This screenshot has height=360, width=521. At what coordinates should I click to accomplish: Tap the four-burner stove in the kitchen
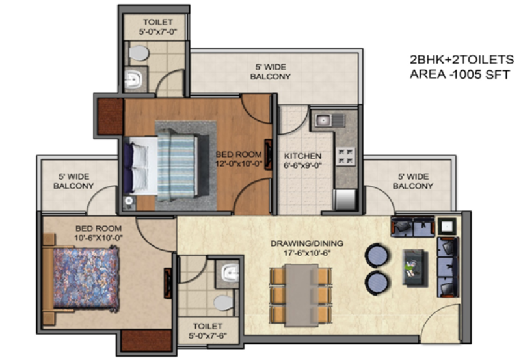point(345,157)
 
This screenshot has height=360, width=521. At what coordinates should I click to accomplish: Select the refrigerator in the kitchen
point(345,199)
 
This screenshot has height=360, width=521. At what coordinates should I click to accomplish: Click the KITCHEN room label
point(302,156)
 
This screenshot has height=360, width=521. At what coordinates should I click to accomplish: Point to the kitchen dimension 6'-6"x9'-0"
point(302,165)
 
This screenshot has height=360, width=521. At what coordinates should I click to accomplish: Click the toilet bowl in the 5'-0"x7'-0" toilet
point(139,53)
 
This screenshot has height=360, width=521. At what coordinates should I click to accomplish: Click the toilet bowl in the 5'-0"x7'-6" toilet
point(223,303)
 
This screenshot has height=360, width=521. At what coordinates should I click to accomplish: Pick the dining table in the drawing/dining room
point(301,295)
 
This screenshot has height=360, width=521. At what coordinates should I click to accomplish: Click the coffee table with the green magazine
point(414,268)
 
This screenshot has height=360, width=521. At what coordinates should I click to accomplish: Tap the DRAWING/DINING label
point(307,243)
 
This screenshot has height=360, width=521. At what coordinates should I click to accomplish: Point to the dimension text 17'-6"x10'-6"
point(307,253)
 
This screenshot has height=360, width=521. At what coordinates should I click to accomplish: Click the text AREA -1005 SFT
point(459,74)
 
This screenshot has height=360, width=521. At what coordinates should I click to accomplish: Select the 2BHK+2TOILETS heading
point(462,60)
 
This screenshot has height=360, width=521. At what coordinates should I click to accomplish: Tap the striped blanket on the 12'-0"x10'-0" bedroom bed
point(176,165)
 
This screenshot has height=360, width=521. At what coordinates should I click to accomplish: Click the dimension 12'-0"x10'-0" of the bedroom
point(239,163)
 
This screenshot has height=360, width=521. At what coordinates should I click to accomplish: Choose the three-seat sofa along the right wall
point(448,267)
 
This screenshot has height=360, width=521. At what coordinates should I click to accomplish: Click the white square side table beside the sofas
point(447,227)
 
